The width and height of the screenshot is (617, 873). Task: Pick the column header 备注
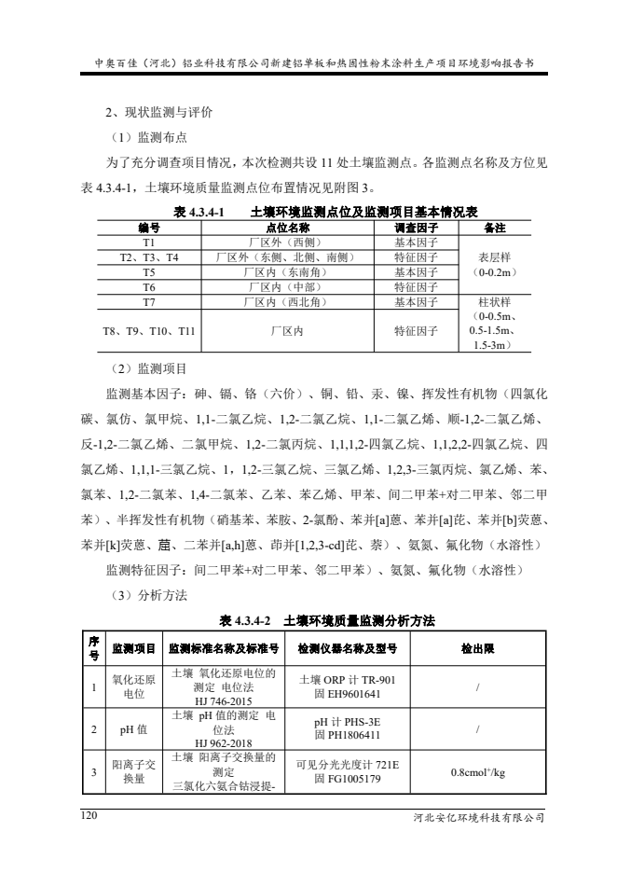[495, 227]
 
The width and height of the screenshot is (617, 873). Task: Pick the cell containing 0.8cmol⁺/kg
[478, 772]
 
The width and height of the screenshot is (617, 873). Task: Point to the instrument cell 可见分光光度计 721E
[347, 765]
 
